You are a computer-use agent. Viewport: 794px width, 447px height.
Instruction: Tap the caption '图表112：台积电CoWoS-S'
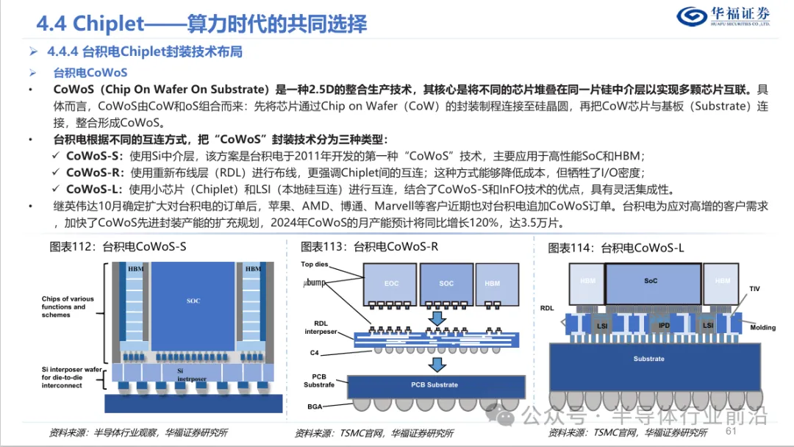pyautogui.click(x=118, y=247)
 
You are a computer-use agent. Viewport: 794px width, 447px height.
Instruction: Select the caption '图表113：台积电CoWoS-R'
pyautogui.click(x=369, y=247)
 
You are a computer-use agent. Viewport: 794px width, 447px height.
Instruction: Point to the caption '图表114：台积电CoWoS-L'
pyautogui.click(x=616, y=248)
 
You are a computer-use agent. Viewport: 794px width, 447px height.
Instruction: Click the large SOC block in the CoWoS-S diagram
pyautogui.click(x=193, y=302)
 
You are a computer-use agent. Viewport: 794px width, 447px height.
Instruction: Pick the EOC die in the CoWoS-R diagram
pyautogui.click(x=390, y=283)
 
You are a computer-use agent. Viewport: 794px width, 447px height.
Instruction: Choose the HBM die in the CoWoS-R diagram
pyautogui.click(x=492, y=283)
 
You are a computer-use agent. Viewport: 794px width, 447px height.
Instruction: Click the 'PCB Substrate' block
pyautogui.click(x=434, y=385)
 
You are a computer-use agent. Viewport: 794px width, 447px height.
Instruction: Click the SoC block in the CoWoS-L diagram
pyautogui.click(x=650, y=281)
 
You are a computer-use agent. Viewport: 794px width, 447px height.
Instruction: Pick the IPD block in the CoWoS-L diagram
pyautogui.click(x=665, y=324)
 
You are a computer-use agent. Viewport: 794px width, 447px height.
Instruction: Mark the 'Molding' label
pyautogui.click(x=762, y=327)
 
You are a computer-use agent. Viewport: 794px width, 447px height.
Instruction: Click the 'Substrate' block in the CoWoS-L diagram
pyautogui.click(x=648, y=359)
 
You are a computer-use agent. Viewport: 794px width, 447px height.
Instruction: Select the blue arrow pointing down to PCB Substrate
pyautogui.click(x=435, y=363)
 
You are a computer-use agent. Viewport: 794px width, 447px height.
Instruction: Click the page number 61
pyautogui.click(x=732, y=432)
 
